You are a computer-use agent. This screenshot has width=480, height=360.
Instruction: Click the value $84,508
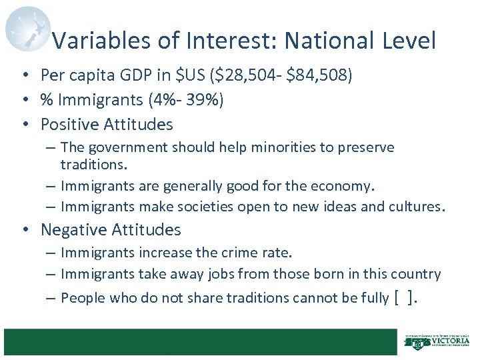tap(317, 75)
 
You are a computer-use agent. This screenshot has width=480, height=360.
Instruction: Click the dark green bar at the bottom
tap(200, 342)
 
